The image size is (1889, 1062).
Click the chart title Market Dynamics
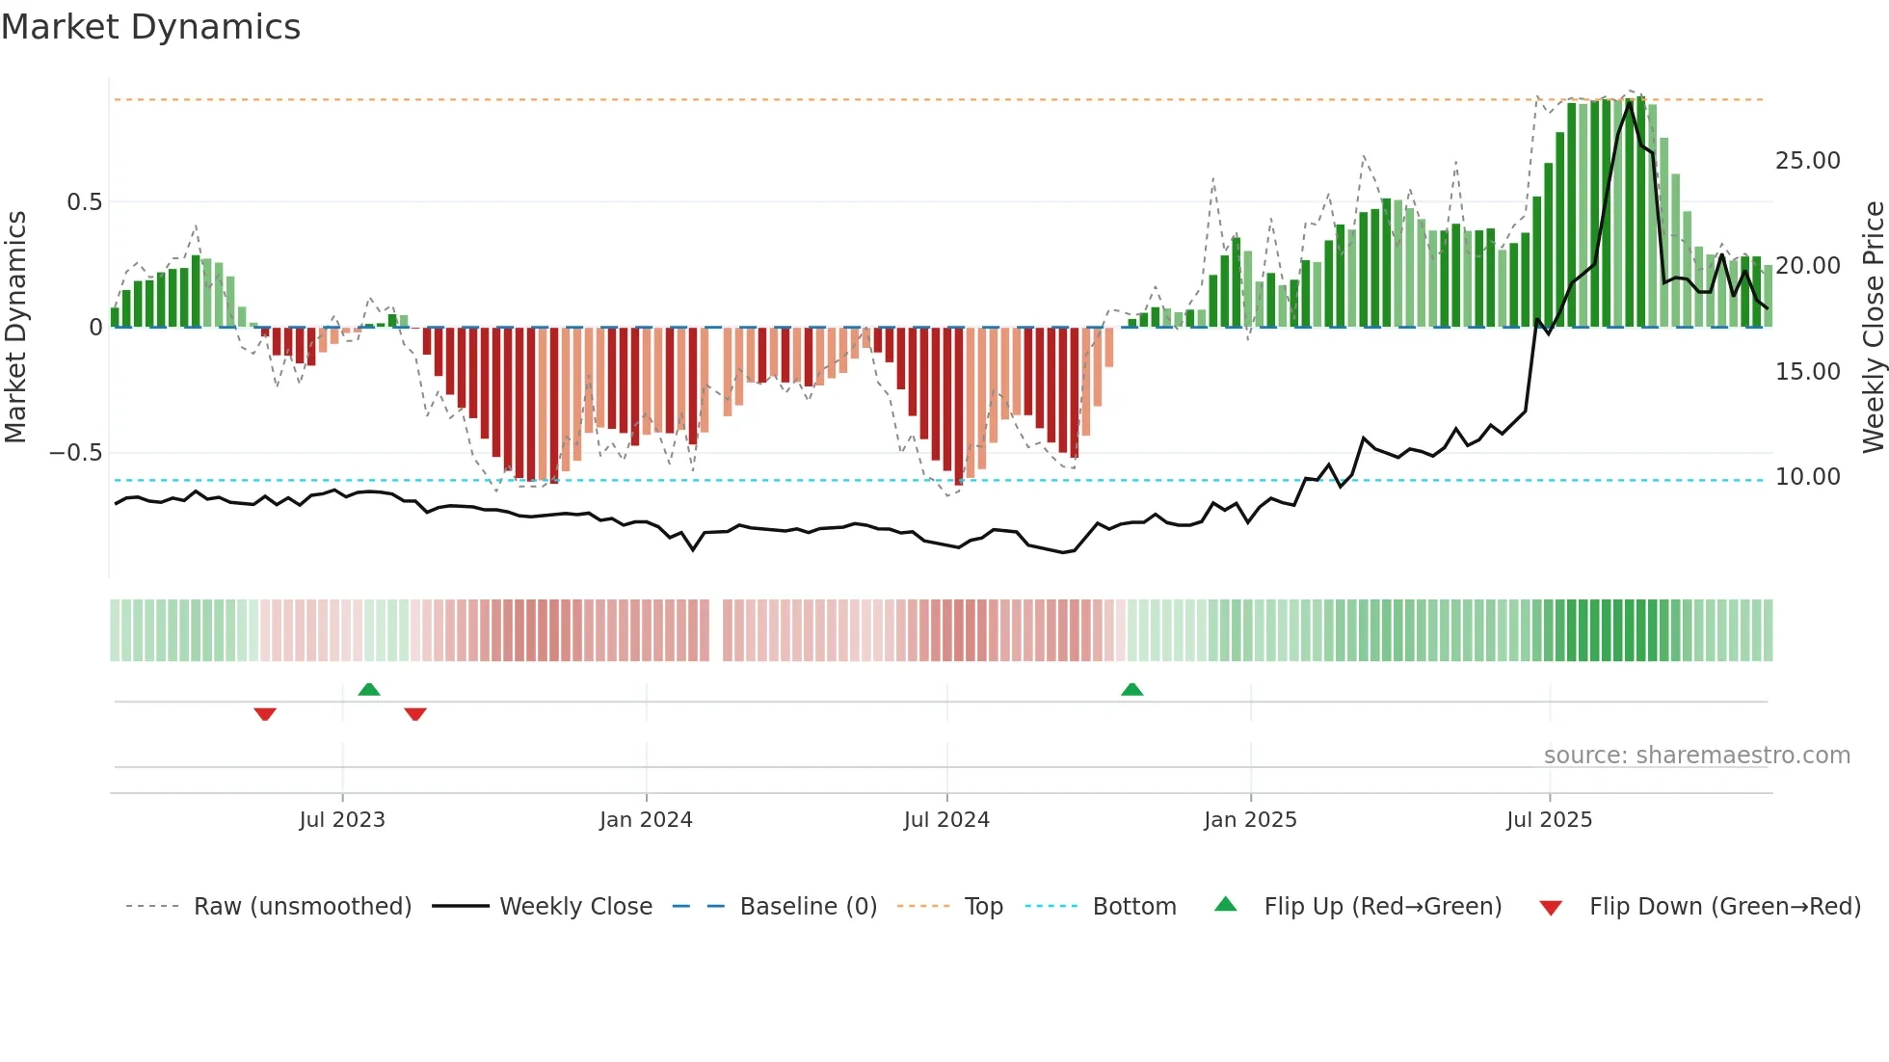(x=150, y=27)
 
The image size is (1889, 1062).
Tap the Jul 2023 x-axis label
(x=341, y=820)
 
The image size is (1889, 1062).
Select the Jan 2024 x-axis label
(x=646, y=820)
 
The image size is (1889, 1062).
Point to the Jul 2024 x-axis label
(x=946, y=820)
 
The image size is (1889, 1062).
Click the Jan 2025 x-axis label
(x=1250, y=820)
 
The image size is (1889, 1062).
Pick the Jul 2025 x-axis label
(x=1549, y=820)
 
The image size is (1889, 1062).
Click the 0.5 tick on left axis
(x=84, y=202)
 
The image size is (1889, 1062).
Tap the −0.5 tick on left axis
(x=76, y=453)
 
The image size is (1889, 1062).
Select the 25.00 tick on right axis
(x=1807, y=161)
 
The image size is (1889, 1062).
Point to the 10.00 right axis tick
(x=1807, y=477)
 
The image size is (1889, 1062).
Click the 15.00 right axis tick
(x=1807, y=372)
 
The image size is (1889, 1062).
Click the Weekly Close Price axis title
(x=1873, y=327)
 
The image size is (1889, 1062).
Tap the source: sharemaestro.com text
(x=1696, y=756)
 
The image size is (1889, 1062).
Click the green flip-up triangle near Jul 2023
(x=369, y=689)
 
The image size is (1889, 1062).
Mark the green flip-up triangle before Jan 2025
(x=1132, y=689)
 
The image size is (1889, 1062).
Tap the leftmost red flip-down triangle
(x=265, y=714)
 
